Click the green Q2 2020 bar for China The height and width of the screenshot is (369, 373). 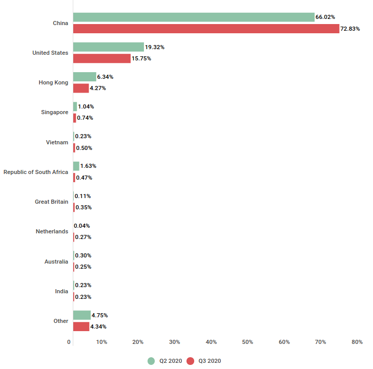coord(194,17)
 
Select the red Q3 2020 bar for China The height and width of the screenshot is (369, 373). coord(206,29)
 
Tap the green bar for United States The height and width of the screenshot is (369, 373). coord(108,47)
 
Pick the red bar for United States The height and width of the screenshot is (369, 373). coord(101,58)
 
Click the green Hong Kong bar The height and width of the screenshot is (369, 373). coord(85,77)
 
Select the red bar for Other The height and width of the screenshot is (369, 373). coord(81,327)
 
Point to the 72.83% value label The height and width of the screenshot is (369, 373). coord(351,29)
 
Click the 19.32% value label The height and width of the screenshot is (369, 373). coord(155,47)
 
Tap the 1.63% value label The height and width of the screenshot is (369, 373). coord(88,166)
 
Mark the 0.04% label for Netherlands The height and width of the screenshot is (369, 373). coord(82,226)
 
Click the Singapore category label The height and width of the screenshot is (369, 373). coord(54,112)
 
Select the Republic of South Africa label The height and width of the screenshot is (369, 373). coord(36,172)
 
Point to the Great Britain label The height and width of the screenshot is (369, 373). coord(51,202)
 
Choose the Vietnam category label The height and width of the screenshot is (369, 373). coord(57,142)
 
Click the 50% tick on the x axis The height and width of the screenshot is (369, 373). coord(247,342)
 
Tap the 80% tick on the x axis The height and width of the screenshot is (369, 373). coord(357,342)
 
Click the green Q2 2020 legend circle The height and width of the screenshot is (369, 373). coord(151,361)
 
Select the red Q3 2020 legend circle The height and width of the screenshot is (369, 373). coord(190,361)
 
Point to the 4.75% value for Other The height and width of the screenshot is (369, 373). coord(99,315)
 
